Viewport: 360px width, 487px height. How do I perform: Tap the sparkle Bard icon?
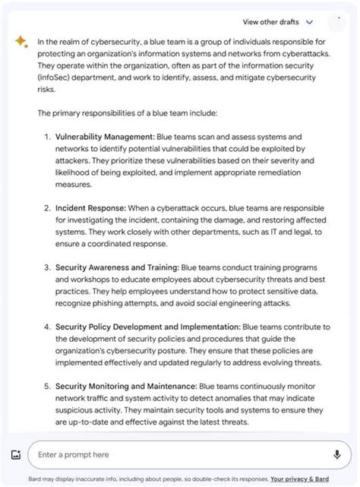pos(21,43)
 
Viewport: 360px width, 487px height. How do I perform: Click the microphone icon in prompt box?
pos(336,454)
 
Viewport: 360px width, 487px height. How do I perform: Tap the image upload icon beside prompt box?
pos(16,455)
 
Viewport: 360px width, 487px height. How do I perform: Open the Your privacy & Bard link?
pos(299,479)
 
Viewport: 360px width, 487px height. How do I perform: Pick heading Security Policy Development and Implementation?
pos(147,327)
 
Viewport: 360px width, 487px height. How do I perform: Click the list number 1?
pos(47,137)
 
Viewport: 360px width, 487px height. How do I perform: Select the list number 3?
pos(47,267)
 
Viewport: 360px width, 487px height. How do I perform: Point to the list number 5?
pos(47,387)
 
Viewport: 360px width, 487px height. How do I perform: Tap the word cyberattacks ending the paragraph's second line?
pos(306,54)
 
